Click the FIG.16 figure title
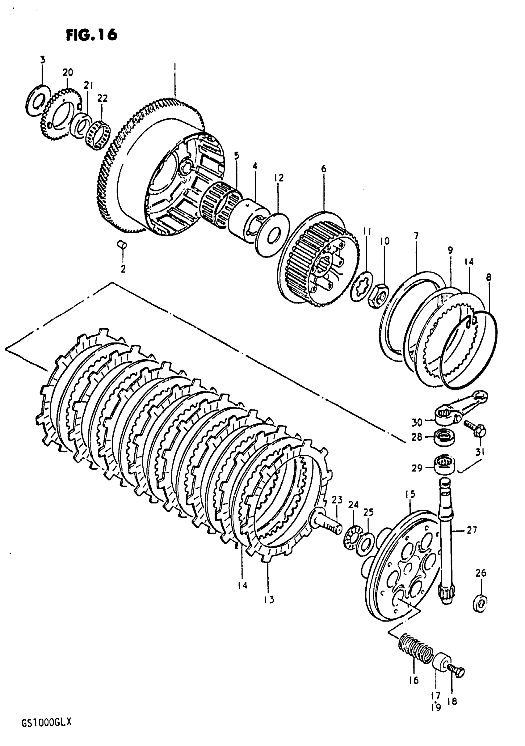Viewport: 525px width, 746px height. [x=92, y=35]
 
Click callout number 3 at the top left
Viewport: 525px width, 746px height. [x=43, y=60]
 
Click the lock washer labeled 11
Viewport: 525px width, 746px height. [x=362, y=286]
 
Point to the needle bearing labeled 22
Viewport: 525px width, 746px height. [x=98, y=135]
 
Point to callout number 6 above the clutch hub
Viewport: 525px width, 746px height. [x=323, y=169]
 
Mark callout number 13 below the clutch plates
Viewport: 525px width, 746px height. [x=269, y=600]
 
